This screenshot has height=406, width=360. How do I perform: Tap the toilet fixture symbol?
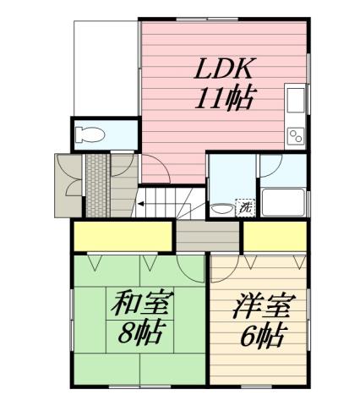click(x=90, y=134)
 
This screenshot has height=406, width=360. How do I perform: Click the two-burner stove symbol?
click(x=297, y=134)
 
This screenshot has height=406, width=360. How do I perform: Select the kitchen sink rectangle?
click(x=296, y=101)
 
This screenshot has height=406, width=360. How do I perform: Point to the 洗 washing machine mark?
click(x=245, y=206)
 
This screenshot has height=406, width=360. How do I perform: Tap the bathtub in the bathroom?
click(x=283, y=203)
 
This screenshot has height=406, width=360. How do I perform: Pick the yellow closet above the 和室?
click(x=123, y=236)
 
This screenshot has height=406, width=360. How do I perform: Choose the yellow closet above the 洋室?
click(x=274, y=236)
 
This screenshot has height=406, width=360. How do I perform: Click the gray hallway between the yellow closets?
click(x=209, y=234)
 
